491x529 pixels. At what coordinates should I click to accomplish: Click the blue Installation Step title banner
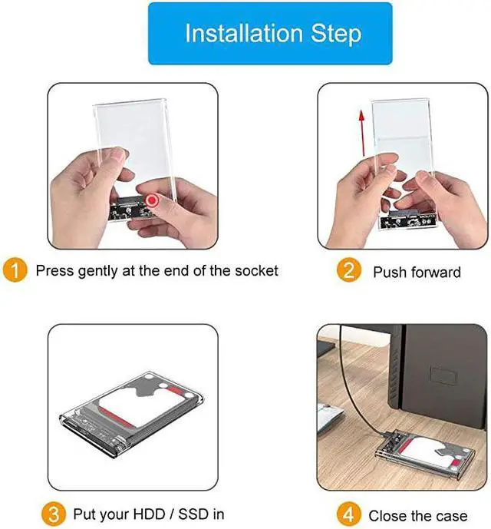[270, 34]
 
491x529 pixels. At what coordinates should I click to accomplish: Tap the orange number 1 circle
[15, 270]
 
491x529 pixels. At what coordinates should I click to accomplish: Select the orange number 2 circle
[349, 270]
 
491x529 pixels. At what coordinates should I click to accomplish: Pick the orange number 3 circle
[54, 514]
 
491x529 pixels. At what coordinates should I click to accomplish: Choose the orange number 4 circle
[349, 514]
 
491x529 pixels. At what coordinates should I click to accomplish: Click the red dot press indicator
[152, 200]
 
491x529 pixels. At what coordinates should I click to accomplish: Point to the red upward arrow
[362, 133]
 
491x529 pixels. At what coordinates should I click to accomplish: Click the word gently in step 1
[97, 272]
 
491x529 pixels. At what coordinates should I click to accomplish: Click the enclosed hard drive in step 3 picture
[132, 415]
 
